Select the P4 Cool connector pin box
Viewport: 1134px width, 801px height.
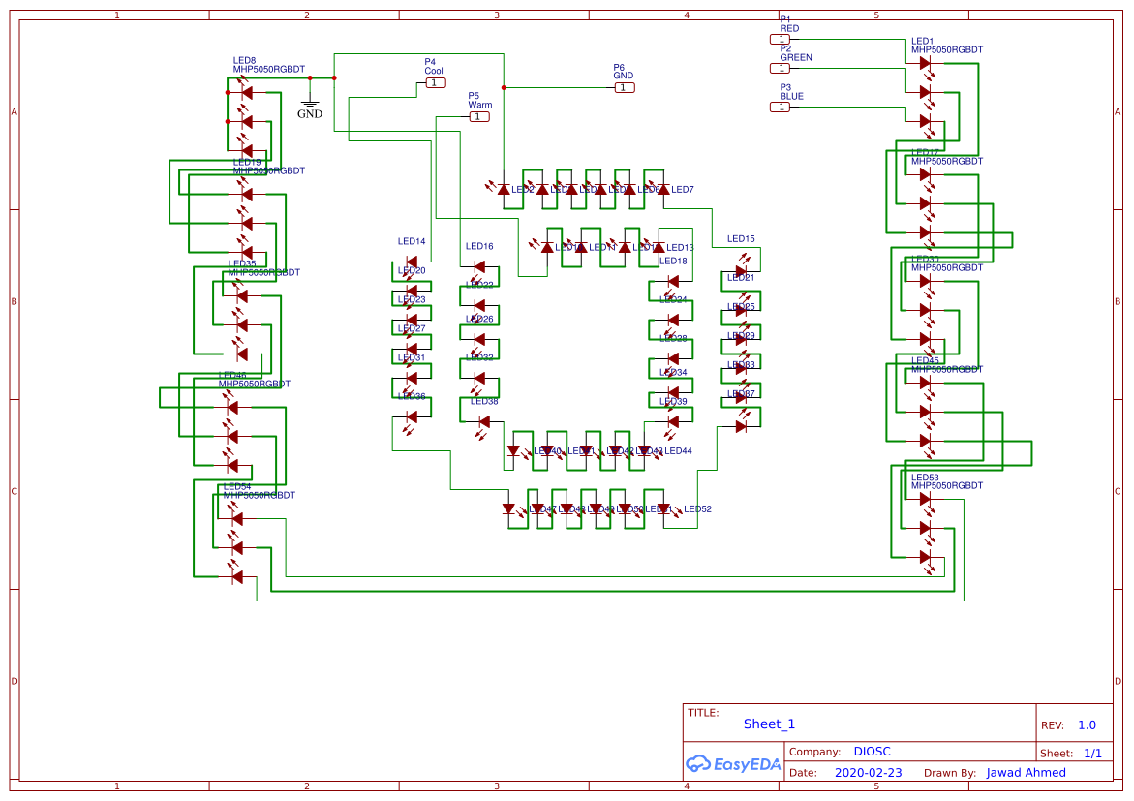[x=436, y=83]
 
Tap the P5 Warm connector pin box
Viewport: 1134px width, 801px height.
[x=479, y=117]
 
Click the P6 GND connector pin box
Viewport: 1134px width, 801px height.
[x=625, y=88]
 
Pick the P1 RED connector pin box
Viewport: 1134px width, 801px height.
[x=780, y=39]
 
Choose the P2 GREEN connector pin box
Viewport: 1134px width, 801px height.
[x=780, y=68]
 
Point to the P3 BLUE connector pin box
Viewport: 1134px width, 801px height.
[x=780, y=107]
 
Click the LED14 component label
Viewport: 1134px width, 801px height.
[x=412, y=241]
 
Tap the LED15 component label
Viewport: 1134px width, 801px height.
[x=741, y=238]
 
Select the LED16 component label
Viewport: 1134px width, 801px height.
[x=479, y=247]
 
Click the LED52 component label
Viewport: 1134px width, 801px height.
[x=697, y=509]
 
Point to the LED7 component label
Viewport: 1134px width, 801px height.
[x=682, y=190]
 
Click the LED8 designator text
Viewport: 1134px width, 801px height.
[x=244, y=60]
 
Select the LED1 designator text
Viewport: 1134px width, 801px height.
[x=923, y=41]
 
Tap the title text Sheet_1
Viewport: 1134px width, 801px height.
[x=769, y=724]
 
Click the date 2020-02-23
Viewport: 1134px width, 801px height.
[x=868, y=773]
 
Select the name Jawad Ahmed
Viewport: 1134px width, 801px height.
[x=1026, y=773]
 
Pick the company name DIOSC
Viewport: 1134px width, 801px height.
[x=872, y=752]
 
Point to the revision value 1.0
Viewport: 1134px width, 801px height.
[x=1087, y=725]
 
